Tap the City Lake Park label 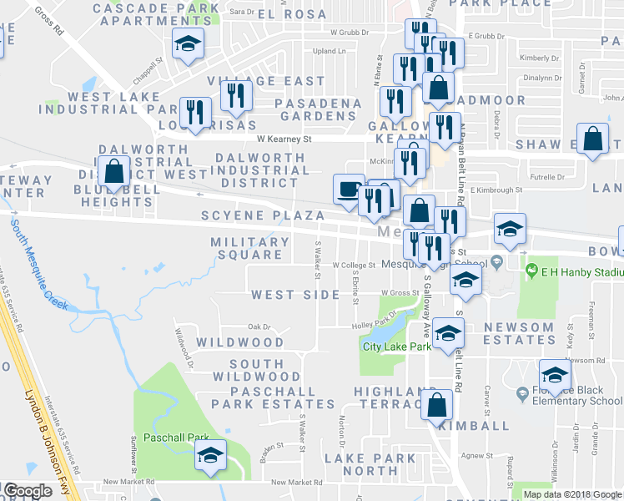(396, 346)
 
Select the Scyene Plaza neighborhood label (262, 215)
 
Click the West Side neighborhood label (295, 295)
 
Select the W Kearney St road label (284, 139)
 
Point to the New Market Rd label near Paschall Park (130, 482)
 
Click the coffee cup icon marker (348, 189)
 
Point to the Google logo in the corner (27, 491)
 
